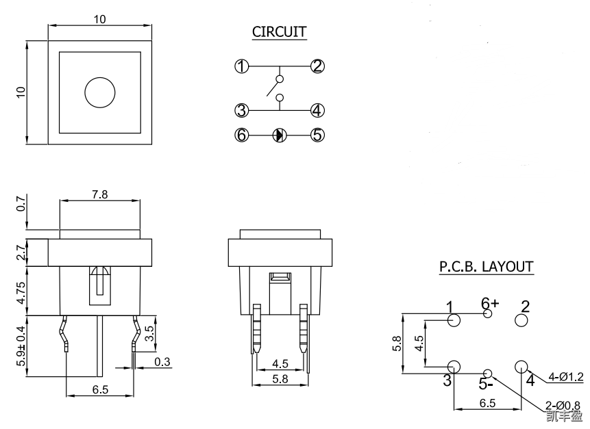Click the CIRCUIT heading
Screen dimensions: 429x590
click(x=279, y=31)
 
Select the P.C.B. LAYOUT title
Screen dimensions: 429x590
click(x=486, y=266)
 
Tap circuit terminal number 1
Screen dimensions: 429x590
click(x=241, y=66)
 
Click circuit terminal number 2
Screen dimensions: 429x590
click(x=317, y=66)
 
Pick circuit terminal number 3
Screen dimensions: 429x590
click(x=241, y=110)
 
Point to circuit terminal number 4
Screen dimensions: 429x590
click(x=317, y=110)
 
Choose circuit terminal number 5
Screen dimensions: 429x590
click(x=317, y=135)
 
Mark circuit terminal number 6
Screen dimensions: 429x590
click(x=241, y=135)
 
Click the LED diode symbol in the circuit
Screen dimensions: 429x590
click(x=279, y=135)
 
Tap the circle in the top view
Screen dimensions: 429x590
click(x=100, y=92)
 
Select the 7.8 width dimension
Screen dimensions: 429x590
click(x=99, y=194)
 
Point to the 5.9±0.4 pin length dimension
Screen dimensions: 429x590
click(x=21, y=346)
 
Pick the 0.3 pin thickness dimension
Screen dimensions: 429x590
click(x=162, y=361)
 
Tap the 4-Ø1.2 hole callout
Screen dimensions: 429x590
click(x=566, y=376)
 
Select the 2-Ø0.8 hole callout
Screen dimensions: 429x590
click(x=564, y=404)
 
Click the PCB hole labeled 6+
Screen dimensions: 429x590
click(x=488, y=314)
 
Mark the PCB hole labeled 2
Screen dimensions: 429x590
click(x=521, y=321)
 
